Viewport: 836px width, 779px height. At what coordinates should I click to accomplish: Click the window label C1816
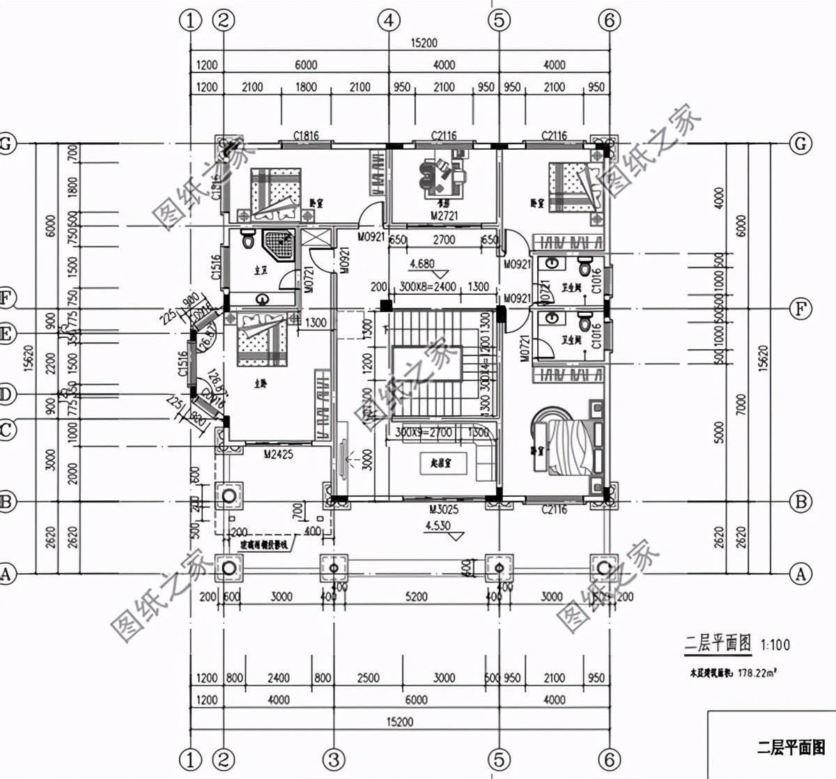tap(306, 135)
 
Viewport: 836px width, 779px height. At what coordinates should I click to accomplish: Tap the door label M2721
tap(442, 217)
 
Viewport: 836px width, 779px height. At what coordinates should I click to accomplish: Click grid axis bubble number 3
tap(334, 758)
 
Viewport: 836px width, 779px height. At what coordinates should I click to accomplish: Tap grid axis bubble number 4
tap(389, 21)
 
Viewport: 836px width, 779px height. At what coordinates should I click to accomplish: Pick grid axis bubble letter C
tap(6, 431)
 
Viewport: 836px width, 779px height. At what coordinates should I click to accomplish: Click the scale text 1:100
tap(775, 645)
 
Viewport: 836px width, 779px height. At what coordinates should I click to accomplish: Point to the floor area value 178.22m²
tap(757, 673)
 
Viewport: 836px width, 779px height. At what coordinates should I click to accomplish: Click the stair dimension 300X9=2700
tap(424, 433)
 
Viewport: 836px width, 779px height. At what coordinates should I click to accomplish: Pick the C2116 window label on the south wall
tap(555, 510)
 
